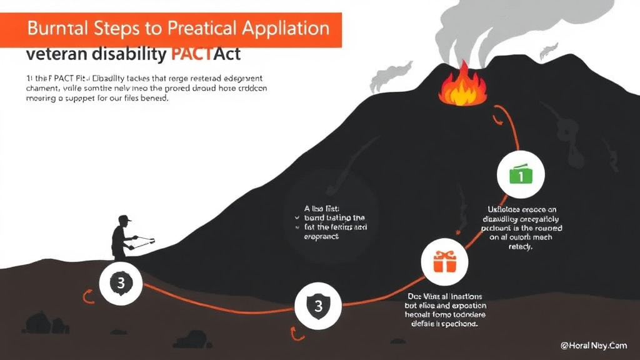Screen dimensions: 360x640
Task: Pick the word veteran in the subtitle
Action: (x=57, y=54)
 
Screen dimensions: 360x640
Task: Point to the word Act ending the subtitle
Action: (x=227, y=54)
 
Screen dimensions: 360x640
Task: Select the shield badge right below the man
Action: (x=121, y=283)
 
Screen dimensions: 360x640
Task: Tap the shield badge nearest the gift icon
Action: (x=318, y=306)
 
